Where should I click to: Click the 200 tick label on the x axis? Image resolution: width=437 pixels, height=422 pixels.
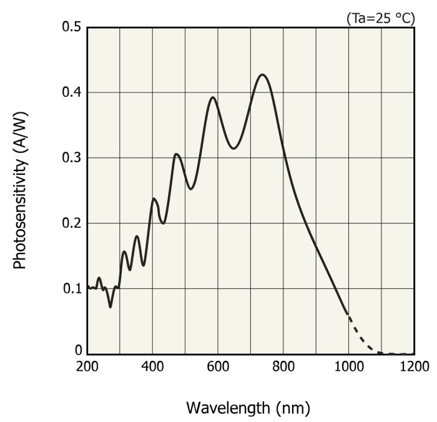87,366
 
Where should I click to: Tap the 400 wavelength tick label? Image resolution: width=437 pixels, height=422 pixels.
153,366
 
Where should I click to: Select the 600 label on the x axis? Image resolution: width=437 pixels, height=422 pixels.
218,366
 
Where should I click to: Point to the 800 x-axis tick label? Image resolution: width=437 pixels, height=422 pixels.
283,366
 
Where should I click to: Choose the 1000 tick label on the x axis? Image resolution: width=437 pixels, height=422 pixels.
348,366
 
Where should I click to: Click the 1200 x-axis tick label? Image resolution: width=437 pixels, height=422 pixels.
414,366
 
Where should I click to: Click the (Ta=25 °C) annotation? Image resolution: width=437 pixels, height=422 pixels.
381,18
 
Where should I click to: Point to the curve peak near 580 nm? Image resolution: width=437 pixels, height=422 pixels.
213,97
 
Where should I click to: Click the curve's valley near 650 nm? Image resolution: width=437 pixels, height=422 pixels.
233,148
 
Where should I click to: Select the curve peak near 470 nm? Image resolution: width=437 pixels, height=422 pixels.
177,154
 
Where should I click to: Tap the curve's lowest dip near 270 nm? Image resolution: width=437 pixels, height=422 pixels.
110,307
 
